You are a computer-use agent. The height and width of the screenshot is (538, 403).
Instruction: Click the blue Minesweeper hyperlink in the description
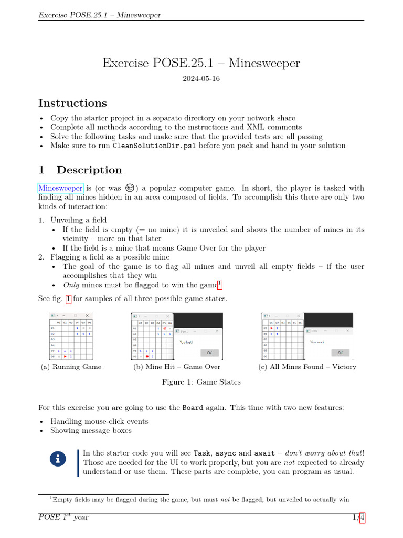60,188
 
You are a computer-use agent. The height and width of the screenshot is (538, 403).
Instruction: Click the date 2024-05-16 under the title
201,79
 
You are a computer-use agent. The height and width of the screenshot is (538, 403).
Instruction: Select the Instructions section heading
72,103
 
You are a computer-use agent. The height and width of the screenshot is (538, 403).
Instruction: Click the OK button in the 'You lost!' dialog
209,353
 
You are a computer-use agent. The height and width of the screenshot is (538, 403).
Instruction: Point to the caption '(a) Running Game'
71,367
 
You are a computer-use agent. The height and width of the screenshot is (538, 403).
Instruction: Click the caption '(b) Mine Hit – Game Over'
177,367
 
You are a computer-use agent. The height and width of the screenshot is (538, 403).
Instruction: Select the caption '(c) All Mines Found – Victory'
307,367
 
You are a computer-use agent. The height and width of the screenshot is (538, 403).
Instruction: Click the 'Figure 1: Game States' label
201,382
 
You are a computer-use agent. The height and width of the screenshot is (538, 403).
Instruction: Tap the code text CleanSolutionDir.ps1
155,146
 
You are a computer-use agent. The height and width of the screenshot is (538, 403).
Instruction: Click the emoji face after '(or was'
130,188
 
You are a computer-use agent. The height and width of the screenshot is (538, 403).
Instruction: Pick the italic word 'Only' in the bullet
71,285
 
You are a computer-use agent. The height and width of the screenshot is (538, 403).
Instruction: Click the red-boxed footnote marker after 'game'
220,284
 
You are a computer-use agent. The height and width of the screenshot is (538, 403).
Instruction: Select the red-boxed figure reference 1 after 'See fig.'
68,299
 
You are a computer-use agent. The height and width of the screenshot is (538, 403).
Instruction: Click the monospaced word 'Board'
193,408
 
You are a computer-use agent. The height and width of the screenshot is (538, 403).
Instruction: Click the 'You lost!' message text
187,342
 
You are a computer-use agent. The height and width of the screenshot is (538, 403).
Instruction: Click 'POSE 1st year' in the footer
63,518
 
